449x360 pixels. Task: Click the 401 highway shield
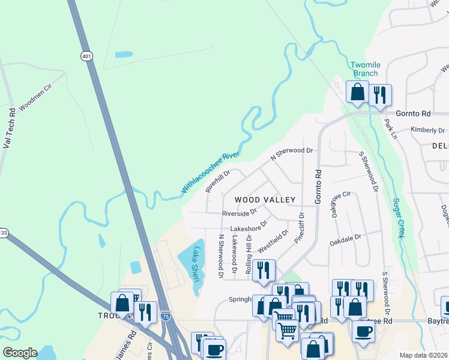[x=88, y=56]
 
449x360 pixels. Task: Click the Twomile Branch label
[x=365, y=69]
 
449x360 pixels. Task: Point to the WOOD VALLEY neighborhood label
[x=265, y=199]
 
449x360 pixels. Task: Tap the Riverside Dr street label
[x=239, y=213]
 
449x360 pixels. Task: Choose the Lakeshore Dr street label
[x=249, y=229]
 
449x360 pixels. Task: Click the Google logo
[x=20, y=353]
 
